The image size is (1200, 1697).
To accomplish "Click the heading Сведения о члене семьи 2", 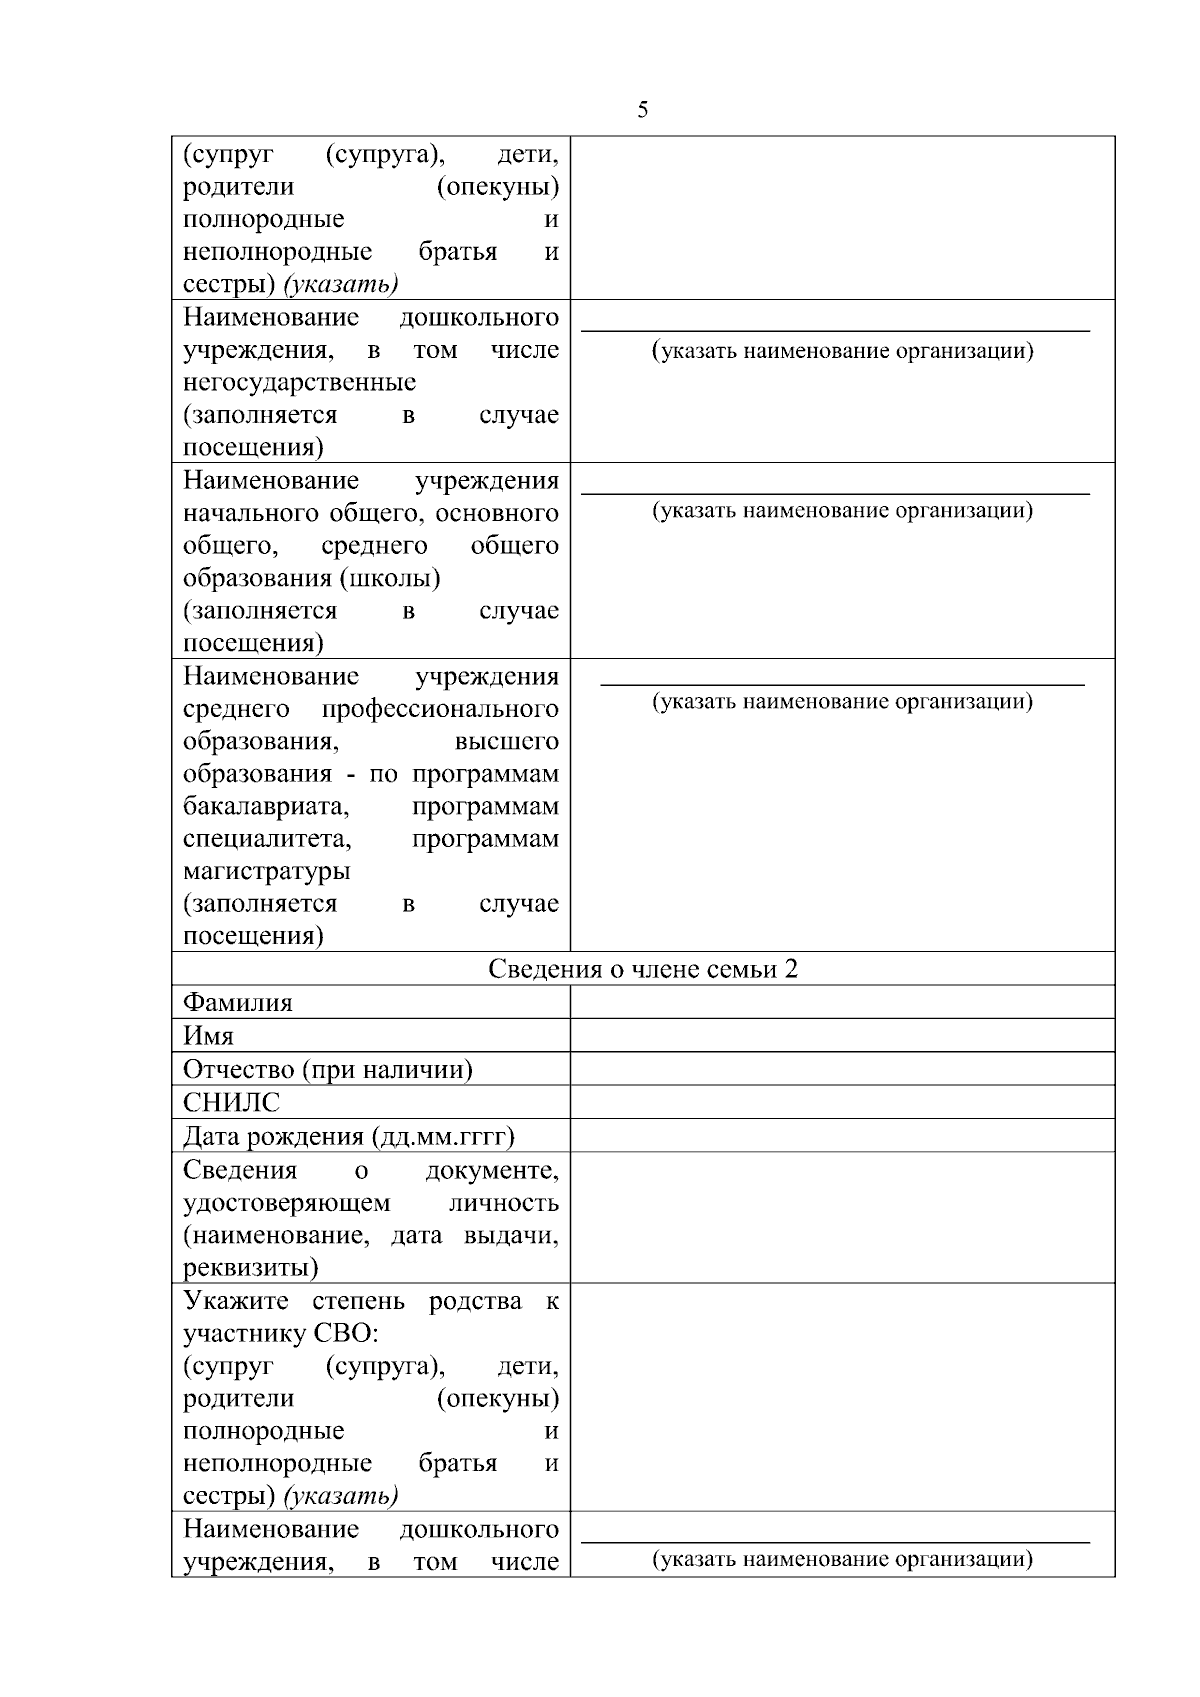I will click(x=643, y=969).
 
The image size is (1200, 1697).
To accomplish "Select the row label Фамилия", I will click(x=238, y=1002).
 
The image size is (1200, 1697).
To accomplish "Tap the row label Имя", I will click(x=208, y=1036).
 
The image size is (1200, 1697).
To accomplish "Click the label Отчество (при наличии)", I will click(x=327, y=1069).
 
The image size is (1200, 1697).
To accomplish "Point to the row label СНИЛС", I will click(x=231, y=1102).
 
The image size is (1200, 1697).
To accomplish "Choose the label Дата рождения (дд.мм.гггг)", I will click(x=348, y=1136).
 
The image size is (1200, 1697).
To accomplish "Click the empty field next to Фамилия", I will click(x=842, y=1002).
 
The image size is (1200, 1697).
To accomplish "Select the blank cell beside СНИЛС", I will click(x=842, y=1102).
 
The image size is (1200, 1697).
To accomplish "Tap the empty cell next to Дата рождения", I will click(x=842, y=1136).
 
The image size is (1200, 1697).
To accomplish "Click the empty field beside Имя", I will click(x=842, y=1036).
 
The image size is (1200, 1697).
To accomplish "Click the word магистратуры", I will click(x=266, y=871).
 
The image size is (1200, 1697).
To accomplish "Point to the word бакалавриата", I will click(x=265, y=806).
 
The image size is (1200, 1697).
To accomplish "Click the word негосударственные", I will click(x=299, y=382).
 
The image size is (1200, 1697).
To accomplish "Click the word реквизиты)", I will click(x=250, y=1268).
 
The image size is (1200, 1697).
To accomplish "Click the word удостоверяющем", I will click(x=286, y=1203).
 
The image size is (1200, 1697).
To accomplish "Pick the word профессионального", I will click(x=440, y=709).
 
